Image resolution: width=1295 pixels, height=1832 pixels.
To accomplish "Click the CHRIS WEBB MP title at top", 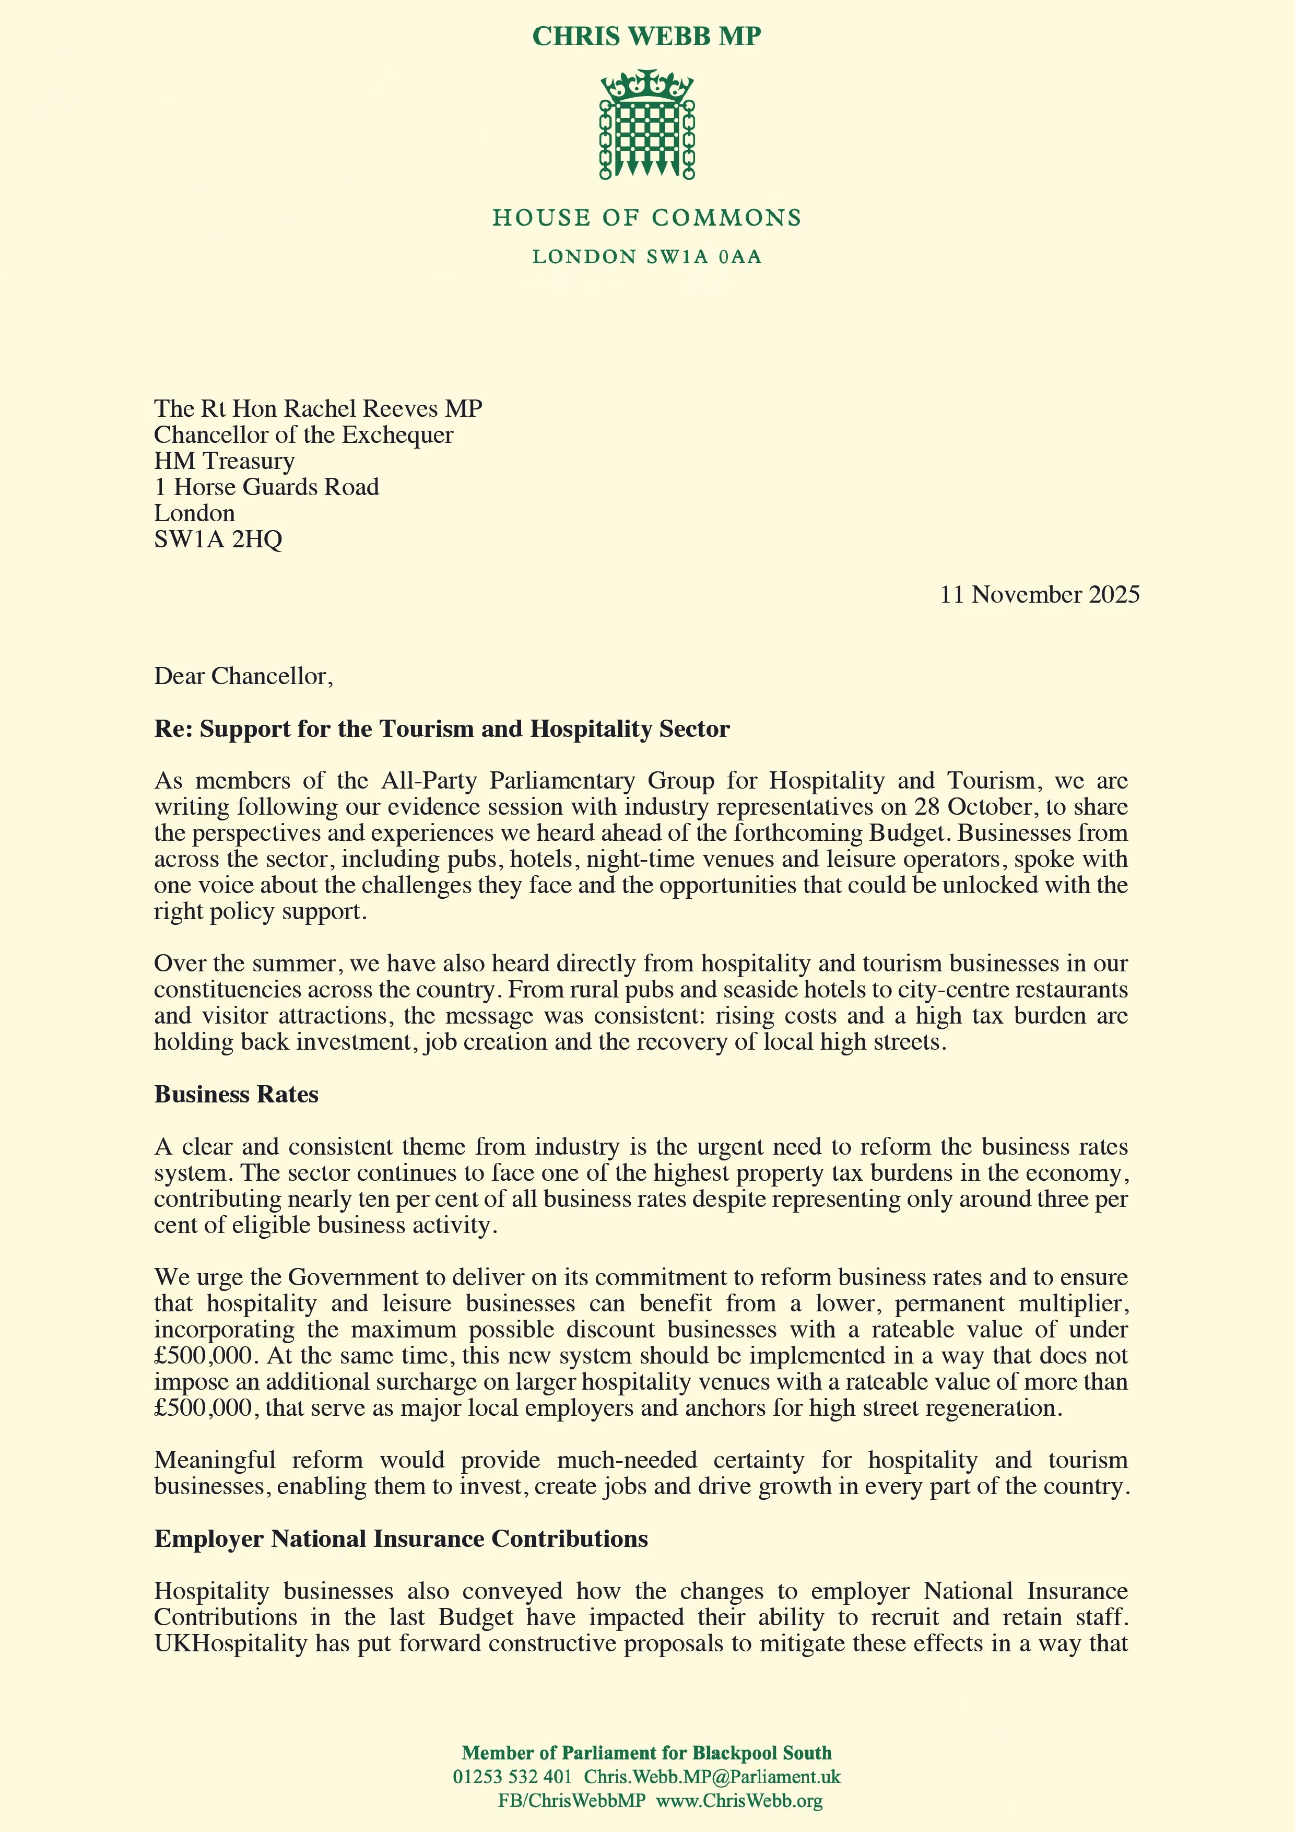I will point(646,37).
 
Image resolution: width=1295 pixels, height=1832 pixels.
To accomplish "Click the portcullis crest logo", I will point(647,124).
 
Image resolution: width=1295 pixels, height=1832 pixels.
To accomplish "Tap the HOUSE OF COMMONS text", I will point(647,218).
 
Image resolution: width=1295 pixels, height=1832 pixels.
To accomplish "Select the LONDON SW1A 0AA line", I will point(647,257).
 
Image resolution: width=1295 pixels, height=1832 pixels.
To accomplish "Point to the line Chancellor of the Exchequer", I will point(303,435).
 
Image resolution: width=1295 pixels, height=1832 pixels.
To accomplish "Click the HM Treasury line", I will point(224,461).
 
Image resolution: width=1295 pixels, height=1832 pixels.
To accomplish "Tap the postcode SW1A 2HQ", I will point(218,539).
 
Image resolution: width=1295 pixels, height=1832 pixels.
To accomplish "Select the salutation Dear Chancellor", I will point(243,677).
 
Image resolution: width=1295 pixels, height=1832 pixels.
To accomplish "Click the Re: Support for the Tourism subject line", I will point(441,729).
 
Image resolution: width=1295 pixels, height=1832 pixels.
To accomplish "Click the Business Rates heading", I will point(236,1094).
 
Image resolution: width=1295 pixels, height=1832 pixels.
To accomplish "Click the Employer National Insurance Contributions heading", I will point(401,1539).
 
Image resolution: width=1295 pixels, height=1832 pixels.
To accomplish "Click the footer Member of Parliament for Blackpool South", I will point(646,1753).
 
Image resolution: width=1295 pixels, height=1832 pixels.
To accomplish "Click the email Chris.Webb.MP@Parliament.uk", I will point(712,1777).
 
